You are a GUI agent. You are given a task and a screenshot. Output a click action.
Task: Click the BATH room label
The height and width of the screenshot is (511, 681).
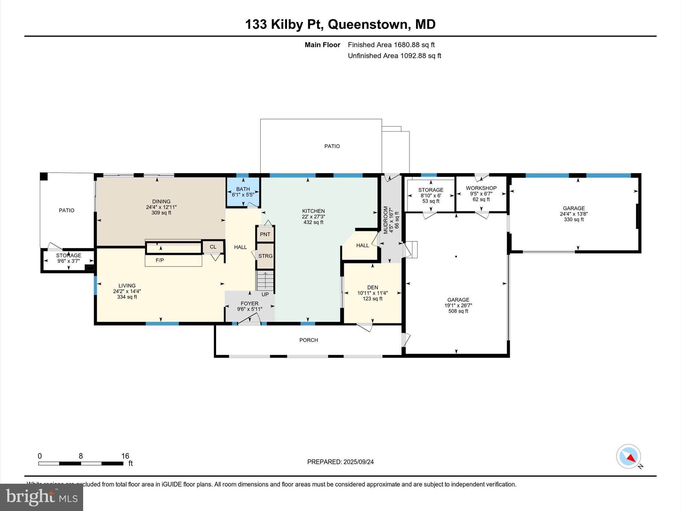[243, 189]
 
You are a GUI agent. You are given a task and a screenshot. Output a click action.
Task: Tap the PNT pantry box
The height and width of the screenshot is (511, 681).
[265, 235]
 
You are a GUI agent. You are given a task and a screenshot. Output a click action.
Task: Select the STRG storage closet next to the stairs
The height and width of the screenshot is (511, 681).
[265, 256]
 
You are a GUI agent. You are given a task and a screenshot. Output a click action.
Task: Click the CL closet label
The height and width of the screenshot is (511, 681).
[213, 247]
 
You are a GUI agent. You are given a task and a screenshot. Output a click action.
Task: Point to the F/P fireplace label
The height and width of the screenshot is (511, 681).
[160, 260]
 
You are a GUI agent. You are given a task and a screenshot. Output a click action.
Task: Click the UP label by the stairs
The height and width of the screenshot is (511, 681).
[265, 294]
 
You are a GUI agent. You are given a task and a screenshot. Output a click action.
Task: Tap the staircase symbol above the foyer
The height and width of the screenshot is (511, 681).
[265, 281]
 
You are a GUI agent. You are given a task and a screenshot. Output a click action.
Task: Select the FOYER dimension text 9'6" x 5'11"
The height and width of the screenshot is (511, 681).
[249, 309]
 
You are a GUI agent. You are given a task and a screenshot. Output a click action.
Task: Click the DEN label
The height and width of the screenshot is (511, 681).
[372, 287]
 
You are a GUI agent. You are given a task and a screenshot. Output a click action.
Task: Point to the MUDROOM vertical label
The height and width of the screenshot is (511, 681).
[386, 220]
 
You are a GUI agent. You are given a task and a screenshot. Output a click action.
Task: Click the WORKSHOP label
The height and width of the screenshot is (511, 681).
[481, 188]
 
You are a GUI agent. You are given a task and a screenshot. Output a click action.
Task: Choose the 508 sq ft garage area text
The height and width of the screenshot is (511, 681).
[458, 311]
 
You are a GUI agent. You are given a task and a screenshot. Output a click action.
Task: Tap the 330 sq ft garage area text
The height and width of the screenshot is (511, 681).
[574, 220]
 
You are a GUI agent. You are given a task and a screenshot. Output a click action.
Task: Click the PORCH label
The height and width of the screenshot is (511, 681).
[309, 340]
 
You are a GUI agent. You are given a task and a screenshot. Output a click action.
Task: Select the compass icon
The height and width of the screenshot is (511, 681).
[628, 456]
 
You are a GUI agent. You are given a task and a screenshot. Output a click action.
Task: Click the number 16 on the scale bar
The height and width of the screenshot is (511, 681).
[125, 456]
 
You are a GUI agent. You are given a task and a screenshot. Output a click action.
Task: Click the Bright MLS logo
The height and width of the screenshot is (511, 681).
[42, 497]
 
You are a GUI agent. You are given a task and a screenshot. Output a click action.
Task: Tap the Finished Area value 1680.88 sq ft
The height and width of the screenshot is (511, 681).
[414, 45]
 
